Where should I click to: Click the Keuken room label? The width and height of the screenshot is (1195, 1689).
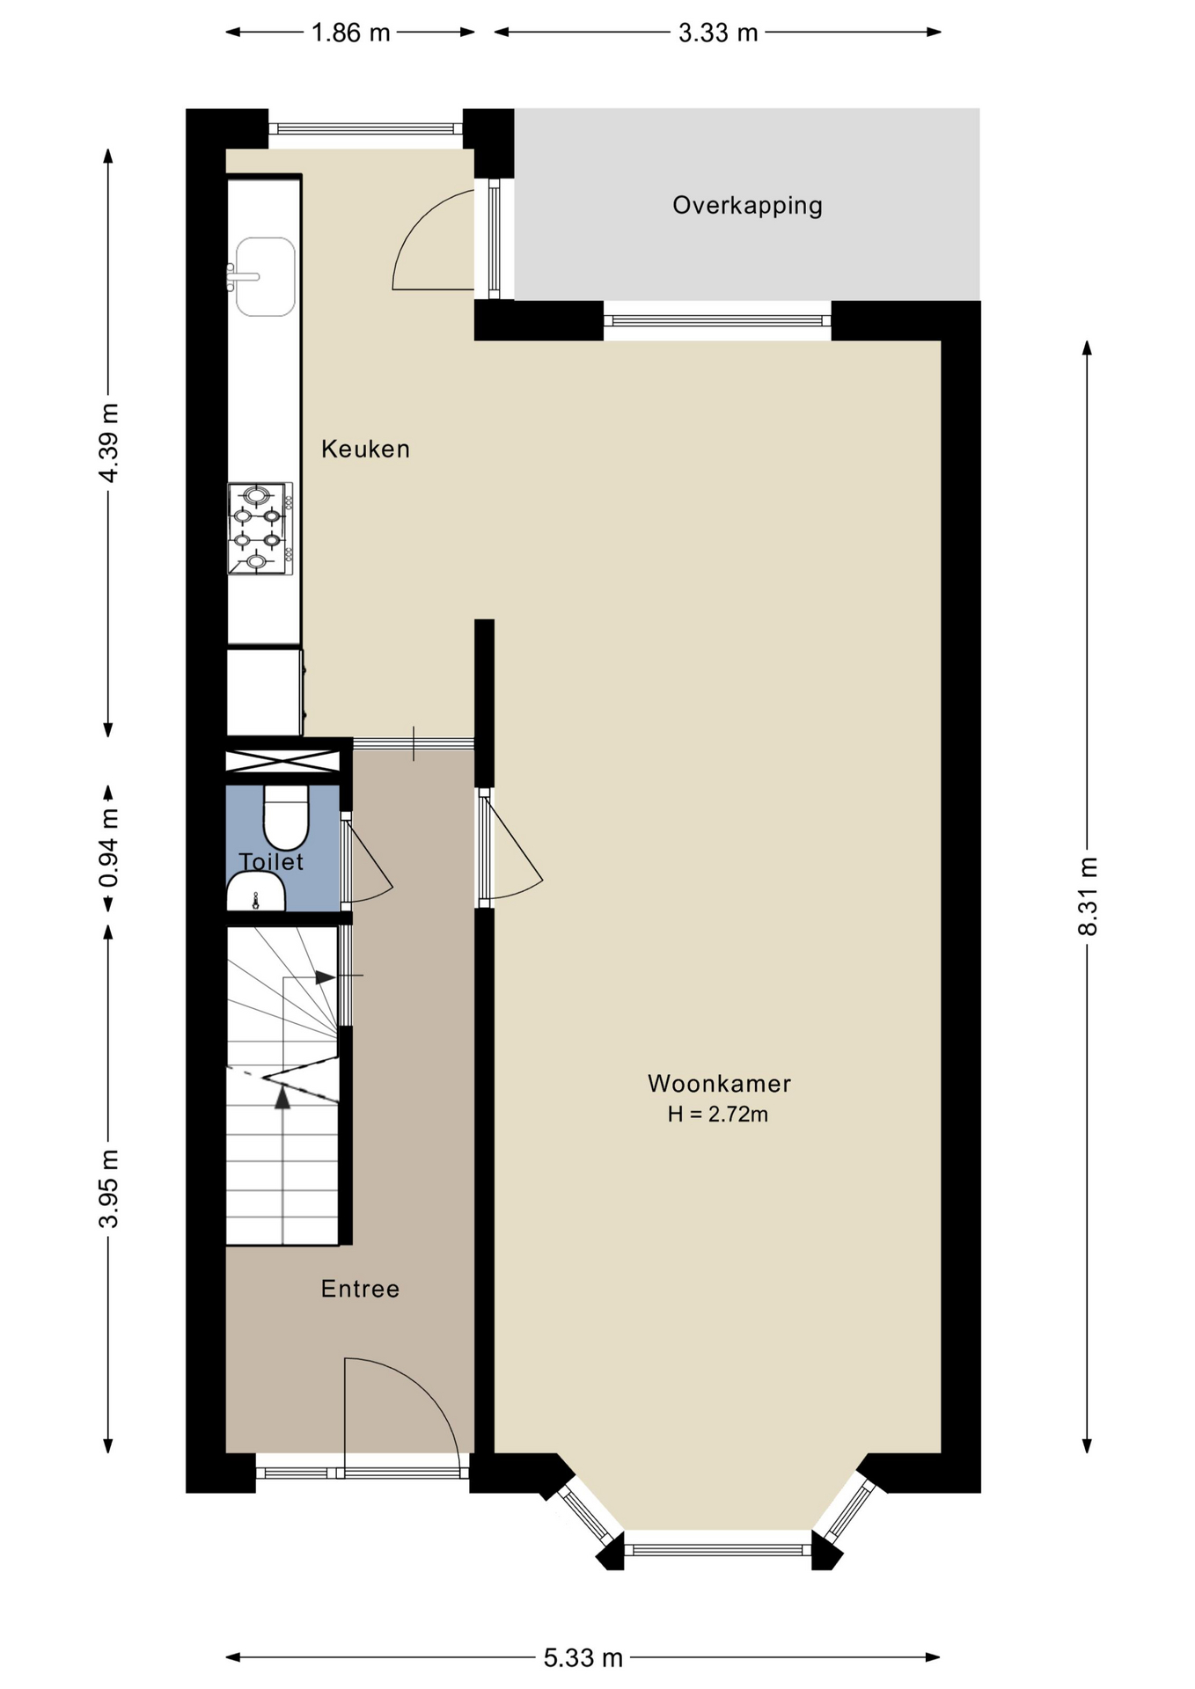365,449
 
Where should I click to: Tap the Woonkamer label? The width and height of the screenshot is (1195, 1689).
719,1083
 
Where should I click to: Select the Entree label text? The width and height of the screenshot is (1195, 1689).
360,1289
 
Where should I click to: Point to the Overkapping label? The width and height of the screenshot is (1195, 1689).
747,206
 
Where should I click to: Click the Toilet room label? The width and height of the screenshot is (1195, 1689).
271,862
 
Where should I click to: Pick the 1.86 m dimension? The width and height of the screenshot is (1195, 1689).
350,33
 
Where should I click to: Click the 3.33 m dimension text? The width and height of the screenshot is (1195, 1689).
718,33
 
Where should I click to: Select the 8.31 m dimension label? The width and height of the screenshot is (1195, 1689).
1088,896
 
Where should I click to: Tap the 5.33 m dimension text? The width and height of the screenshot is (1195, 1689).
583,1658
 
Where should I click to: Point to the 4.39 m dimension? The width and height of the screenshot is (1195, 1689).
108,442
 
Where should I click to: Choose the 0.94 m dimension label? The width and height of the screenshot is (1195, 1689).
108,849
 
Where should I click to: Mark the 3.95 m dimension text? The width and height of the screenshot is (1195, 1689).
108,1188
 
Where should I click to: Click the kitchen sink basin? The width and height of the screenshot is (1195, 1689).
265,276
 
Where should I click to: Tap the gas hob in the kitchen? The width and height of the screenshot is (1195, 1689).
260,528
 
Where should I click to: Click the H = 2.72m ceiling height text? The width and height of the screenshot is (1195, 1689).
717,1115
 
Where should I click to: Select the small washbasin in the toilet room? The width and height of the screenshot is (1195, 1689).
255,892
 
